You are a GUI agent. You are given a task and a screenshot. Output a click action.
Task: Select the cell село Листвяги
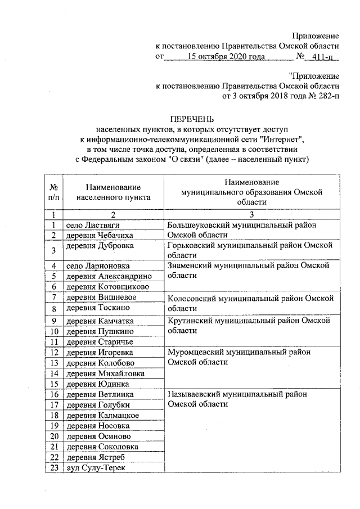[x=93, y=225]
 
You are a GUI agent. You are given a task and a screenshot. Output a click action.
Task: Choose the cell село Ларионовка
[x=97, y=266]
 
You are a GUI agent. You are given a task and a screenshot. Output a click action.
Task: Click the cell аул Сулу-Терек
[x=94, y=468]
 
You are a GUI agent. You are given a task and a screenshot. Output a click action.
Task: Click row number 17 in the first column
[x=53, y=405]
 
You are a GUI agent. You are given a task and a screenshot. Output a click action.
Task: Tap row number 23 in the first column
[x=53, y=468]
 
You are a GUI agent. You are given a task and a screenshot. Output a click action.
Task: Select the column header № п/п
[x=55, y=192]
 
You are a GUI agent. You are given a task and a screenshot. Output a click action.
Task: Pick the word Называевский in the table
[x=193, y=394]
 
